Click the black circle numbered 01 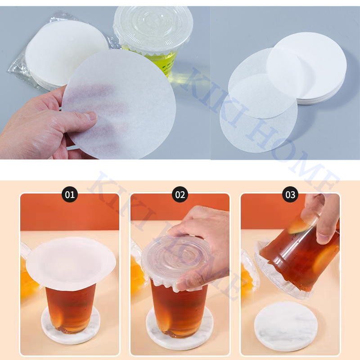point(70,194)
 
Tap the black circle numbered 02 point(180,194)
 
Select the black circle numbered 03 point(290,194)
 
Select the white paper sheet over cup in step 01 point(71,264)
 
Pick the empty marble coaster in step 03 point(286,327)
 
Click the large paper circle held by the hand point(119,104)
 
